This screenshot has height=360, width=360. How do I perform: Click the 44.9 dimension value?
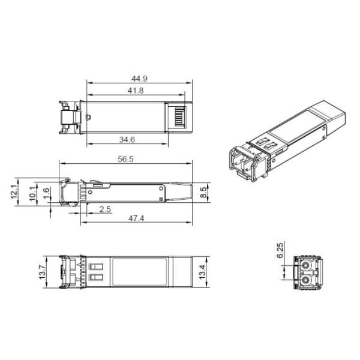tap(139, 77)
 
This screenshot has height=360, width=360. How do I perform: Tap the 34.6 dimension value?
tap(127, 139)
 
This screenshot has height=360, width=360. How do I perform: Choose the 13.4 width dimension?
tap(203, 271)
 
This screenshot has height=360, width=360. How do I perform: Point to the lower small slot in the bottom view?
tap(97, 277)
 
